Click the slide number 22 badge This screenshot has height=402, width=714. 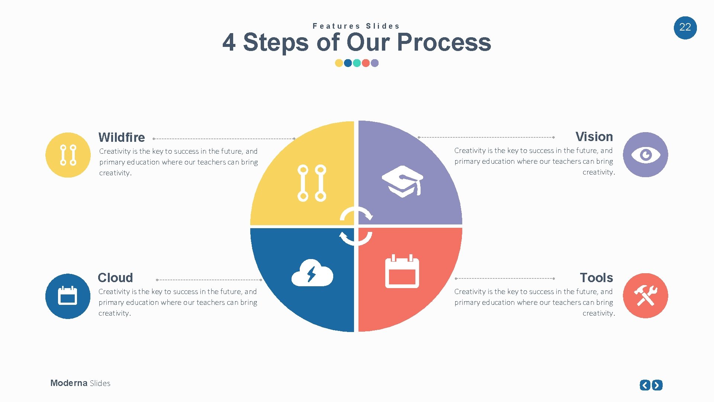pos(685,28)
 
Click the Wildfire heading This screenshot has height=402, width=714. pos(122,137)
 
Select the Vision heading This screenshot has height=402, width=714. pos(594,137)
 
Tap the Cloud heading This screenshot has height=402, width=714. pos(115,278)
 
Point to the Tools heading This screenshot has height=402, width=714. pos(596,278)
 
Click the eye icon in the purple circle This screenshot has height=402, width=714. pos(645,155)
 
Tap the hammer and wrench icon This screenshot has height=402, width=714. pos(645,296)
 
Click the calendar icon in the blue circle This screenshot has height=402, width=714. pos(68,296)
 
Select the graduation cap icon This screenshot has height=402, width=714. pos(402,181)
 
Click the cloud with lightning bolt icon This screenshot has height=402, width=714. pos(312,273)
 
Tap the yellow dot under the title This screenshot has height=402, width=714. pos(339,63)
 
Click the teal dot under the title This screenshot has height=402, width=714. pos(357,63)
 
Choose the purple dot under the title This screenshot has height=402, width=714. pos(375,63)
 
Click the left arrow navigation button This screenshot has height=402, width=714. pos(645,385)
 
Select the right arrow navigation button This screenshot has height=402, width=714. pos(657,385)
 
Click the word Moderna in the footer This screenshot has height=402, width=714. pos(69,383)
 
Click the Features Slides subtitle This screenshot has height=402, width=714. pos(356,26)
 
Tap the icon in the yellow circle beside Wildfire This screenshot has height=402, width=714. pos(68,155)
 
